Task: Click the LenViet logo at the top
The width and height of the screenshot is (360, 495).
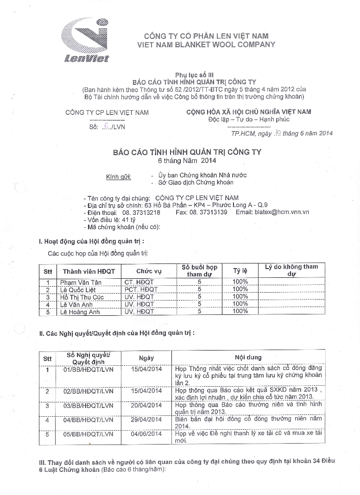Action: click(86, 40)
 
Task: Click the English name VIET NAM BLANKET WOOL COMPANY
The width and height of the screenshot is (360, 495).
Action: click(206, 44)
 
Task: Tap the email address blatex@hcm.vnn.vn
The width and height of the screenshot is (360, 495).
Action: click(282, 212)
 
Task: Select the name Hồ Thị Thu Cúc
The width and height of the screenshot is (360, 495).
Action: click(82, 297)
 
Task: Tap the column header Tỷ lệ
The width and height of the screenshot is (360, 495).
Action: click(240, 270)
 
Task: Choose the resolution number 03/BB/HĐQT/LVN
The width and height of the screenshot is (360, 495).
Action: click(88, 406)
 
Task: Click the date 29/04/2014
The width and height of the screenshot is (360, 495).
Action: click(146, 420)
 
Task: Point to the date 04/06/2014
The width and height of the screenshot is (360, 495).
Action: click(146, 434)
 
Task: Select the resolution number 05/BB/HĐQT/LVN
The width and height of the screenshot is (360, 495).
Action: click(88, 434)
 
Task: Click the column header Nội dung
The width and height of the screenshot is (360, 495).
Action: click(248, 357)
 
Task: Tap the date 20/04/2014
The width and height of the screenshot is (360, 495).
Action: click(146, 406)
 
